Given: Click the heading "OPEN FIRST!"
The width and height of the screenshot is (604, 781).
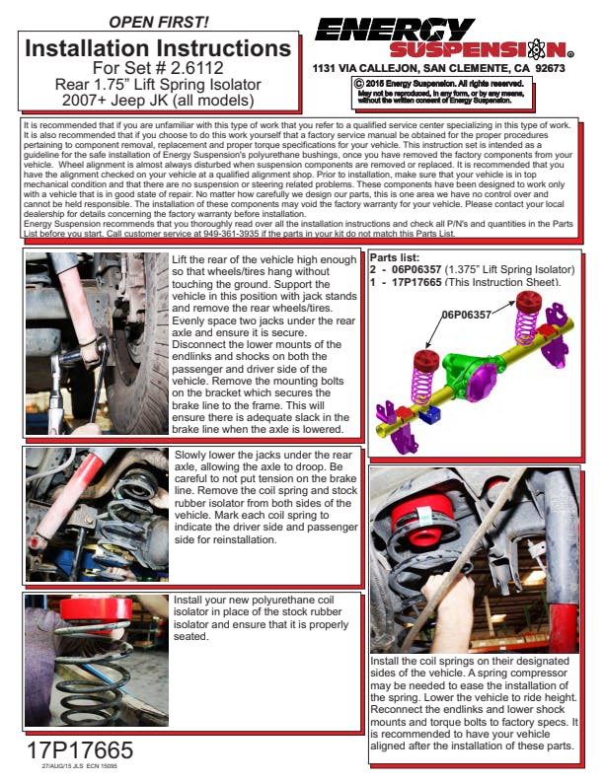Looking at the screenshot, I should tap(158, 21).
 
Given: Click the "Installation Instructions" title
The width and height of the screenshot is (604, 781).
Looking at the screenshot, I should tap(159, 47).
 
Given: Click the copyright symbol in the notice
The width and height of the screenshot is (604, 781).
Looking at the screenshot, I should tap(359, 84).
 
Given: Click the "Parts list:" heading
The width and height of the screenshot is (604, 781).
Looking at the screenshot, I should tap(397, 257).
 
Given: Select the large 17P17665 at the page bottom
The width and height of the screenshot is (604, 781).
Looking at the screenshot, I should tap(81, 748).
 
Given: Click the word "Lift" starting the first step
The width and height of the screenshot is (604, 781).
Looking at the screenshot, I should tap(184, 258).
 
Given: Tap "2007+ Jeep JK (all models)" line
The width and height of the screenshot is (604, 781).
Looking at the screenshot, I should tap(159, 100).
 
